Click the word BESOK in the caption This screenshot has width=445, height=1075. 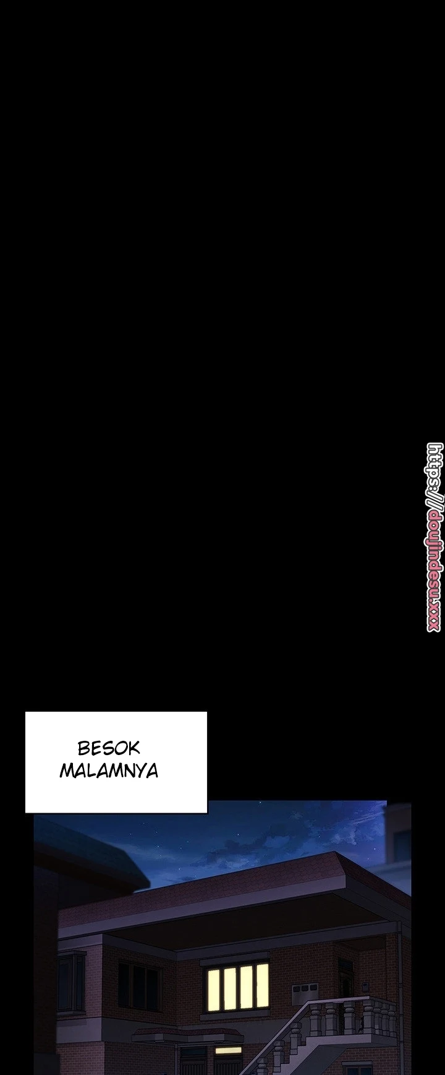(109, 748)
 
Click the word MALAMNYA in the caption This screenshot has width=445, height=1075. (109, 771)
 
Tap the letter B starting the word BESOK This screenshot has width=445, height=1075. (83, 748)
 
